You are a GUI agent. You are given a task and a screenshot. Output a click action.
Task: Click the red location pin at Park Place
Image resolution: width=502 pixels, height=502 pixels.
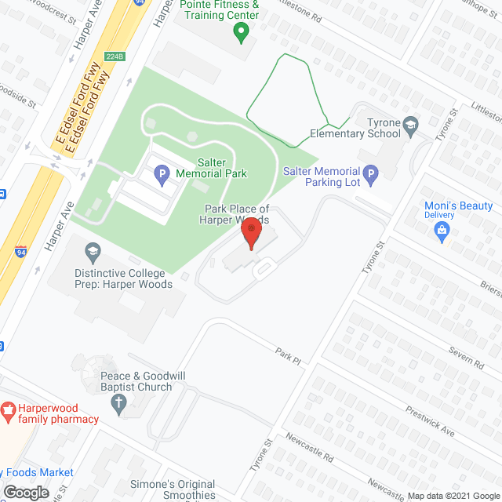pos(250,233)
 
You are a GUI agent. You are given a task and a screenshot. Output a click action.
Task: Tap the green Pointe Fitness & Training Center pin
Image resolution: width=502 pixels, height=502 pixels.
pos(242,33)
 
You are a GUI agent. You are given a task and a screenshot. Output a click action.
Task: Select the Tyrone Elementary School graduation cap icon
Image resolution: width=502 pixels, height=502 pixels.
pos(410,123)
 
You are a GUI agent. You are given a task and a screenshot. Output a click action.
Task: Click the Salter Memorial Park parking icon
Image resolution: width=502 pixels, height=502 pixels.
pos(162,173)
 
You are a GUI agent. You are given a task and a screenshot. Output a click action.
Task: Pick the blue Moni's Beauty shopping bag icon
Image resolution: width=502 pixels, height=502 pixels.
pos(442,230)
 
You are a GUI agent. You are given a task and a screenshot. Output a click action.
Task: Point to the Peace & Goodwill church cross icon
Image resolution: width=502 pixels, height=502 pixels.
pos(119,405)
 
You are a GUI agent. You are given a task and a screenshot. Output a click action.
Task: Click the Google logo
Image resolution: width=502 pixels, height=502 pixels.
pos(25,492)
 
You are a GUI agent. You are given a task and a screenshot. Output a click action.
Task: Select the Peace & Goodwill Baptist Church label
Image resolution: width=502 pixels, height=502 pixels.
pos(143,382)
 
